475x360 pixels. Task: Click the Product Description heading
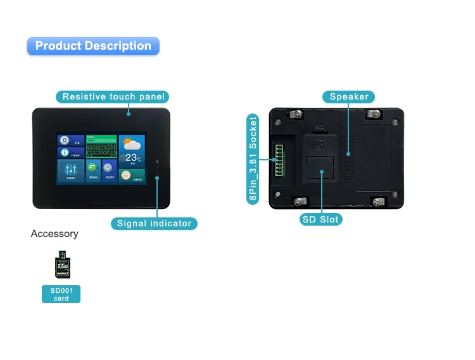93,46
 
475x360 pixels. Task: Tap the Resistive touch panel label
113,97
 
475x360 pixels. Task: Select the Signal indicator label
154,223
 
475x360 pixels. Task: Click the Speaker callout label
349,96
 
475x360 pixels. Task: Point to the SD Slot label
320,219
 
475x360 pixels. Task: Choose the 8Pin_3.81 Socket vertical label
253,159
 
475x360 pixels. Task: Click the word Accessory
54,234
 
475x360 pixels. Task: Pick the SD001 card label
61,294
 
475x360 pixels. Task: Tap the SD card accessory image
61,265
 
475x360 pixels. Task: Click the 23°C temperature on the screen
132,157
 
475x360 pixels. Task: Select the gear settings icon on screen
64,140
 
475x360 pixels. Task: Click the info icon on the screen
64,153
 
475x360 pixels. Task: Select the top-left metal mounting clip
294,114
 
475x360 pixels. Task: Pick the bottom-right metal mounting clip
379,202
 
